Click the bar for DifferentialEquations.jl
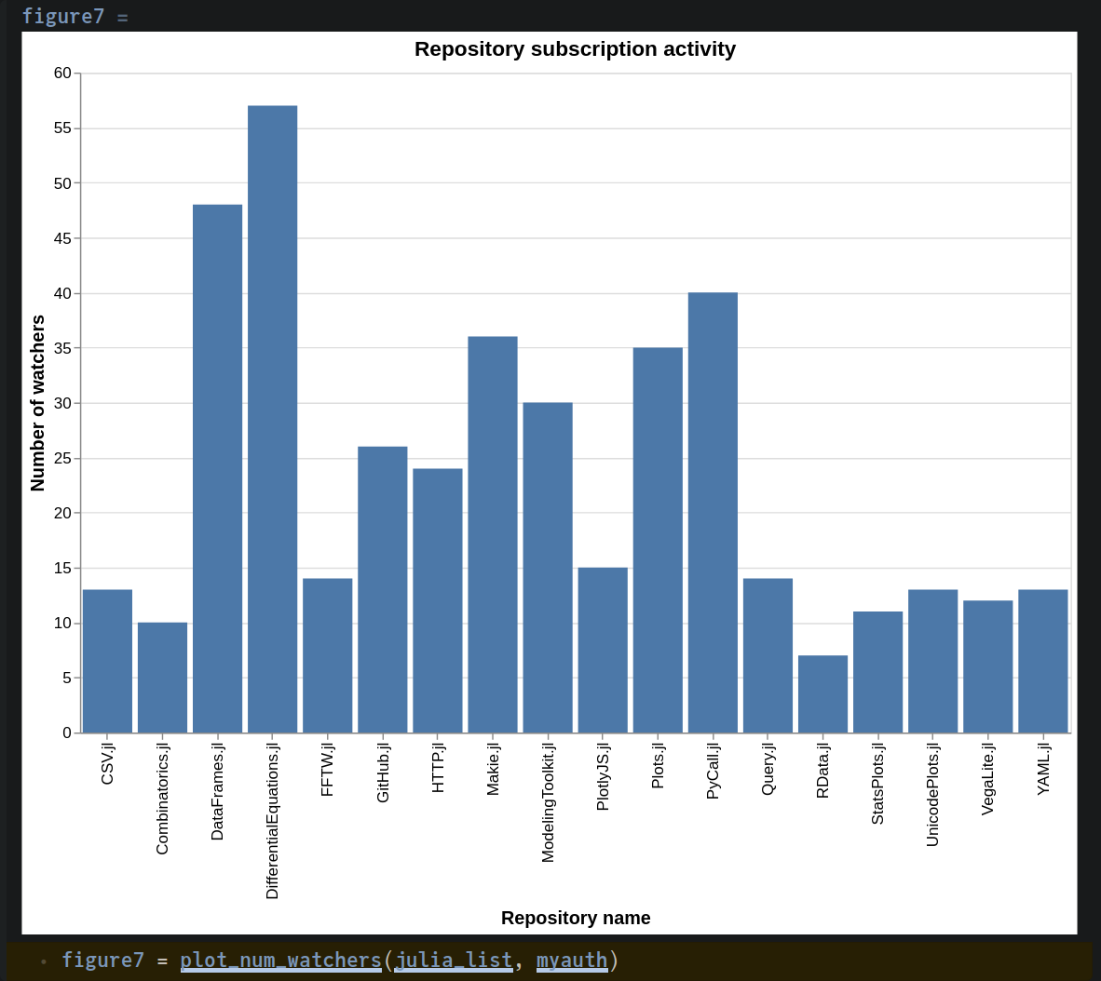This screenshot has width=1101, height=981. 272,419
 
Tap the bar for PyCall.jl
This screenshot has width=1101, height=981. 713,513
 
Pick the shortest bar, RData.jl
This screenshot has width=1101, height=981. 822,694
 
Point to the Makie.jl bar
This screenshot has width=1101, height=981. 493,534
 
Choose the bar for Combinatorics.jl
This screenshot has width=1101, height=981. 162,678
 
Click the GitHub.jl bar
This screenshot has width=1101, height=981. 383,589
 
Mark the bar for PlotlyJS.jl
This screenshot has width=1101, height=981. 603,650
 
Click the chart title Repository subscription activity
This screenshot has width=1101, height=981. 575,49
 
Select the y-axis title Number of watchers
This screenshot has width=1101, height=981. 38,403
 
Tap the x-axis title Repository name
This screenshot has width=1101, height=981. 576,918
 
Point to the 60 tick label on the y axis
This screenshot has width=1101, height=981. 62,74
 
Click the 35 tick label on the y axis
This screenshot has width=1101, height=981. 62,348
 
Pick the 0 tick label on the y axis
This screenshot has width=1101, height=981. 67,732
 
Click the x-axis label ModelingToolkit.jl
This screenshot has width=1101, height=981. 548,802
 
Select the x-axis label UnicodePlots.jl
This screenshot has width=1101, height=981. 932,794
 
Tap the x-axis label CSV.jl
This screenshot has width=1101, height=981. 107,763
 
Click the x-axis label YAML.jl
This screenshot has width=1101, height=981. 1043,769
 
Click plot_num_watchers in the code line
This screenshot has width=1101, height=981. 280,960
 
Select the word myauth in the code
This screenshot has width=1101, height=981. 571,960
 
